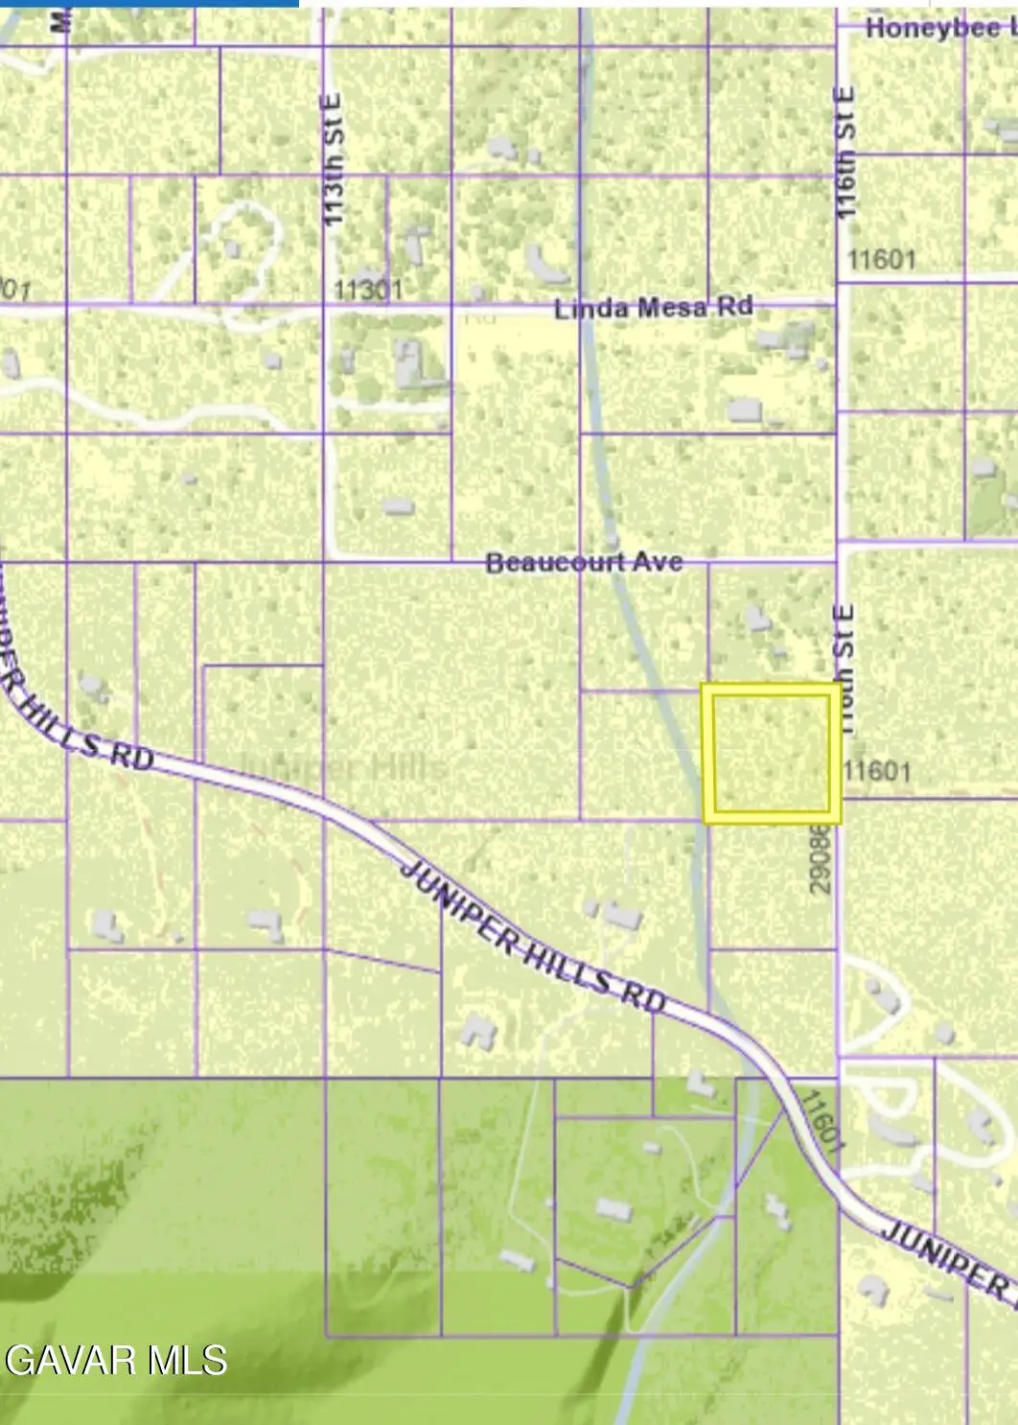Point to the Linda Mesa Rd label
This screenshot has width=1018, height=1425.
654,309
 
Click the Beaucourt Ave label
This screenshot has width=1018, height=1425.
584,562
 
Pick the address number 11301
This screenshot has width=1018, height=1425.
369,289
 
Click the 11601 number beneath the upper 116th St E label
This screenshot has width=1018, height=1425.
882,259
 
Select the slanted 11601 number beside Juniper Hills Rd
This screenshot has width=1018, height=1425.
821,1120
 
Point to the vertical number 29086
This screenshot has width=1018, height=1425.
820,858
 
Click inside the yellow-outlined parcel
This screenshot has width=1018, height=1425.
772,753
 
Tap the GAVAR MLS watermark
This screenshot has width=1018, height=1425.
116,1360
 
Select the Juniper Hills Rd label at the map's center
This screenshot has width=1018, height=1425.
532,935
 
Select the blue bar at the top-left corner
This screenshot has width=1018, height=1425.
149,3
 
